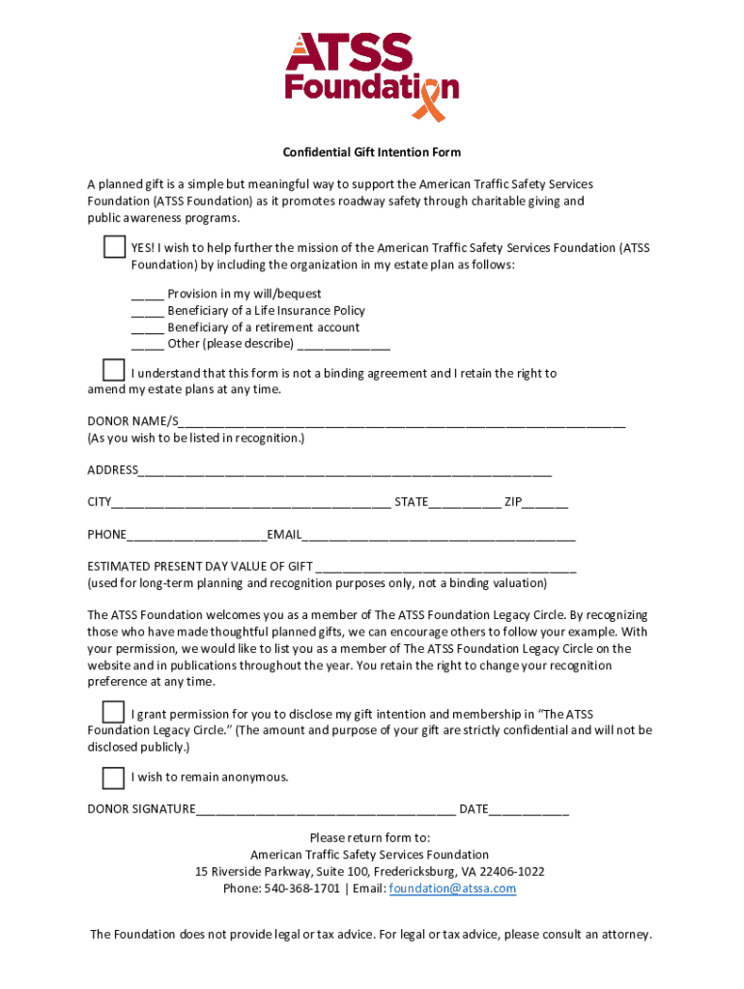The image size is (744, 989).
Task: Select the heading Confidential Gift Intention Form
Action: pos(371,153)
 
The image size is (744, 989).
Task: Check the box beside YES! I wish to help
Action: pos(114,247)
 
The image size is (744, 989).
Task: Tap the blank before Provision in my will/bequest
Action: pos(148,295)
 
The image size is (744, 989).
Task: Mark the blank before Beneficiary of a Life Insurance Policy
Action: pos(148,311)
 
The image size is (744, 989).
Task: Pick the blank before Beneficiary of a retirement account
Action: pos(148,328)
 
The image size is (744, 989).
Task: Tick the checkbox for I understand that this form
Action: pos(114,371)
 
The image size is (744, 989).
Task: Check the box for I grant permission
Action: pos(114,713)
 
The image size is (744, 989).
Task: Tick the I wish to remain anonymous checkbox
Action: pos(114,777)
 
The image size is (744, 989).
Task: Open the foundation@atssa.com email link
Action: pos(452,889)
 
